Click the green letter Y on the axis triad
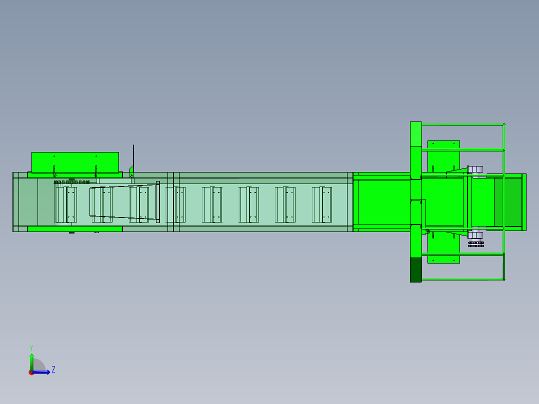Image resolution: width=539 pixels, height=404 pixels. point(31,347)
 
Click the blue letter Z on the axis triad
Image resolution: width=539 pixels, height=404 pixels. point(53,369)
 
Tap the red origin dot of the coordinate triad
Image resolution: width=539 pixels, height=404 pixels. point(31,372)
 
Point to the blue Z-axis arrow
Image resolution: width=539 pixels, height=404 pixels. point(41,372)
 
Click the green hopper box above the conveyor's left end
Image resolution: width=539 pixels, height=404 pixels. point(75,162)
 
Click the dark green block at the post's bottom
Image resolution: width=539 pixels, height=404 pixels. point(416,270)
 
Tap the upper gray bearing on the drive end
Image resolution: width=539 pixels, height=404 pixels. point(475,169)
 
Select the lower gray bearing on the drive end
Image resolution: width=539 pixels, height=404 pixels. point(475,235)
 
